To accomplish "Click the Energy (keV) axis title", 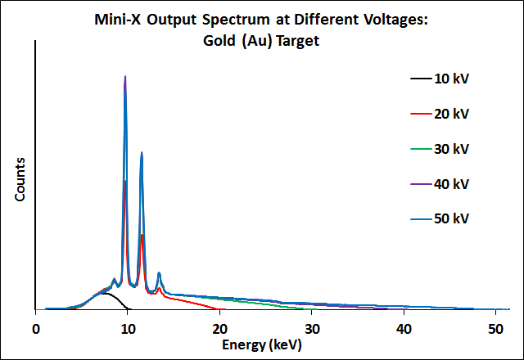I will [x=262, y=345].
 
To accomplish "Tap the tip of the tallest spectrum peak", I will [x=125, y=76].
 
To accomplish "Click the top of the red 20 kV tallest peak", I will [x=124, y=181].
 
